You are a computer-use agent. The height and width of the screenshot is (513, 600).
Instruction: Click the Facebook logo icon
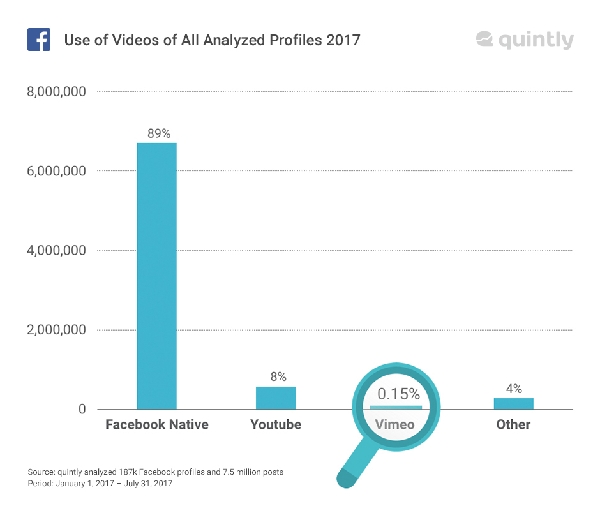click(39, 40)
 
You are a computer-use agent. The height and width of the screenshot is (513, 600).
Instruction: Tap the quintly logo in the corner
click(524, 40)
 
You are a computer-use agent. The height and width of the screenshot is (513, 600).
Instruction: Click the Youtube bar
click(276, 398)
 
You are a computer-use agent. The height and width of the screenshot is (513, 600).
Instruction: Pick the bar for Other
click(513, 403)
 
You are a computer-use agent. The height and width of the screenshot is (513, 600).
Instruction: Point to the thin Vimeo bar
click(396, 407)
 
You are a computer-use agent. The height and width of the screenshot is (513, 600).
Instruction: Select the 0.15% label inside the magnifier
click(398, 393)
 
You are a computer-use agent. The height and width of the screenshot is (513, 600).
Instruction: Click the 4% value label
click(514, 389)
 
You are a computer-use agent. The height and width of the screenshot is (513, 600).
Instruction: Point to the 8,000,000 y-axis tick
click(56, 92)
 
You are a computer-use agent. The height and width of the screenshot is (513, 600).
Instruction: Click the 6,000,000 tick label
click(56, 171)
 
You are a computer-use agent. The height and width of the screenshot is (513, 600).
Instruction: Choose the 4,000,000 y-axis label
click(56, 251)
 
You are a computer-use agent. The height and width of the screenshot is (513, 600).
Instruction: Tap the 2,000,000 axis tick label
click(56, 330)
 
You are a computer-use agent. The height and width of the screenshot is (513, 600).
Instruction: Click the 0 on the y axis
click(82, 409)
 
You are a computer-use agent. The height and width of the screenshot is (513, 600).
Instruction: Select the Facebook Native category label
click(157, 424)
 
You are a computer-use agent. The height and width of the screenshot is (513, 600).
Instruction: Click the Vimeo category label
click(394, 424)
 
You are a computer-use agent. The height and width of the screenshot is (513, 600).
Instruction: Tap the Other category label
click(513, 424)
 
